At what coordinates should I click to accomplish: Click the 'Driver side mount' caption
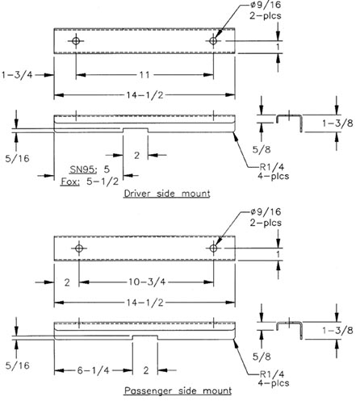point(167,194)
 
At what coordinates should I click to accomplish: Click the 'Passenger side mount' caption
point(178,391)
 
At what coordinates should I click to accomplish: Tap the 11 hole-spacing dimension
point(144,75)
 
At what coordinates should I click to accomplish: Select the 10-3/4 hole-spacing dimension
point(147,282)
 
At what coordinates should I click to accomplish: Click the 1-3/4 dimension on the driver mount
point(17,74)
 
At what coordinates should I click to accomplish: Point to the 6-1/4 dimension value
point(94,370)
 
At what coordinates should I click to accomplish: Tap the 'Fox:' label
point(70,182)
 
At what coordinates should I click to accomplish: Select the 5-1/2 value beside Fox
point(103,182)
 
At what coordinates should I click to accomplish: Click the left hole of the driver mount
point(76,41)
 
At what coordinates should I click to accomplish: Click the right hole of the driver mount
point(213,41)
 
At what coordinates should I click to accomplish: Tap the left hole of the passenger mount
point(79,248)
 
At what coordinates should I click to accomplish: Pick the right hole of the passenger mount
point(213,248)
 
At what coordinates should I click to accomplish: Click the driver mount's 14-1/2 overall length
point(145,95)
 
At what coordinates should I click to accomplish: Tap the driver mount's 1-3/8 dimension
point(337,123)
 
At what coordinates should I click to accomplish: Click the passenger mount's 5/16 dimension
point(17,365)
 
